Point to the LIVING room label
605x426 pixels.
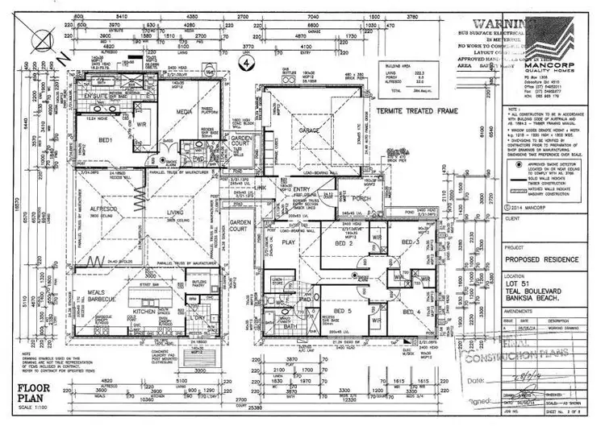(x=175, y=213)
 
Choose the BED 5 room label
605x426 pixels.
(x=344, y=310)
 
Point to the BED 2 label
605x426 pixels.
(x=347, y=242)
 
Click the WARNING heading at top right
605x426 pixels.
(x=494, y=24)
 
